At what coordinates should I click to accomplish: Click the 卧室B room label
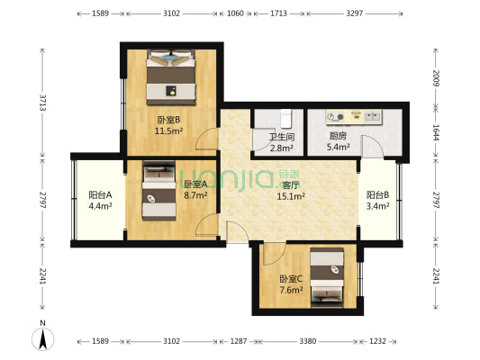click(x=168, y=120)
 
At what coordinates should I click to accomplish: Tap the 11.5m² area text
click(x=168, y=130)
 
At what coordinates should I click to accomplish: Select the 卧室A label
click(x=195, y=184)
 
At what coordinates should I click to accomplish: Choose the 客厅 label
click(x=291, y=184)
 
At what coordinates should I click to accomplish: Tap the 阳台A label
click(x=100, y=194)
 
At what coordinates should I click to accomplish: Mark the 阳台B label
click(x=377, y=194)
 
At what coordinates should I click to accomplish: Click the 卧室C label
click(x=290, y=278)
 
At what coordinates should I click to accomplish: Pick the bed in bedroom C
click(x=327, y=274)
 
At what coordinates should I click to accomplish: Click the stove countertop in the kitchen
click(x=355, y=118)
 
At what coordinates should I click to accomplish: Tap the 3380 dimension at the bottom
click(x=307, y=341)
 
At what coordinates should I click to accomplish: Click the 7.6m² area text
click(x=290, y=289)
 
